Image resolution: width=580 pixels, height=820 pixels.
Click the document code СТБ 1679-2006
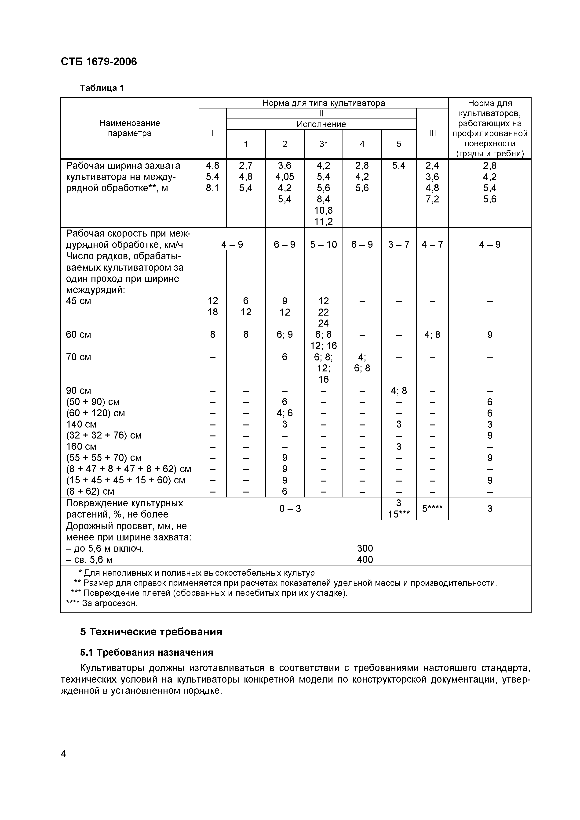(x=99, y=62)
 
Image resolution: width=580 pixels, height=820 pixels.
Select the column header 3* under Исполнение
(x=323, y=144)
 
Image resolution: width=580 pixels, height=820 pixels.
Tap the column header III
(x=432, y=133)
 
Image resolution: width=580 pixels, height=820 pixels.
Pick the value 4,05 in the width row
(x=285, y=177)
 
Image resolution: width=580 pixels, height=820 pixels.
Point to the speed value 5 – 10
(x=323, y=244)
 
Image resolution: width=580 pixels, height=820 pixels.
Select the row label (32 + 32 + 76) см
(x=104, y=435)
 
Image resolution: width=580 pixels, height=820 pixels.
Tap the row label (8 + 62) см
(x=90, y=491)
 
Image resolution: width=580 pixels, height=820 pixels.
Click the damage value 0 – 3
(x=290, y=508)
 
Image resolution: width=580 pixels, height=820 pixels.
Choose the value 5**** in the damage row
(x=432, y=508)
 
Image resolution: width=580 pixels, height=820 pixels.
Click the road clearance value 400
(x=365, y=560)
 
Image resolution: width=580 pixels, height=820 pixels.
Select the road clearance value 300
(x=365, y=548)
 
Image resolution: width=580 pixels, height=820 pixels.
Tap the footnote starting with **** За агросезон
(x=102, y=603)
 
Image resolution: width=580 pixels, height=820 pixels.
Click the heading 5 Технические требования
(x=151, y=632)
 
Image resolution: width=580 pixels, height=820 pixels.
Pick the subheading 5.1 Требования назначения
(x=146, y=652)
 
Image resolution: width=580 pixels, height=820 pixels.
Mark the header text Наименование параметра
(x=129, y=128)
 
